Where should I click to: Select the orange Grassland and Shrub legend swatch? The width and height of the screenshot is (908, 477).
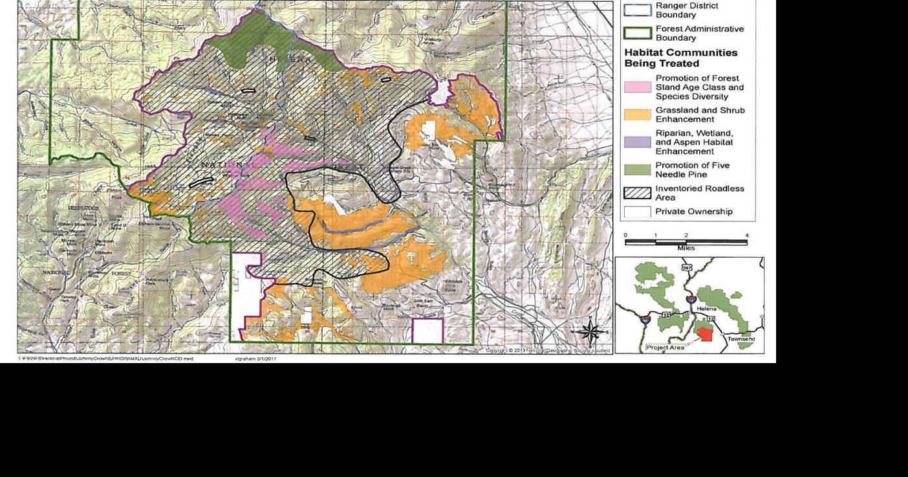637,115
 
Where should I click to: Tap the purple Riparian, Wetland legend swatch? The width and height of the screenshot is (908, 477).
637,142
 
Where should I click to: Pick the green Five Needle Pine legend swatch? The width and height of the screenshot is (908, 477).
637,170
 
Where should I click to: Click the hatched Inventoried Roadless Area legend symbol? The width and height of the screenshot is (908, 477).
637,193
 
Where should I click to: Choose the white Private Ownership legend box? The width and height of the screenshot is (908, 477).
637,212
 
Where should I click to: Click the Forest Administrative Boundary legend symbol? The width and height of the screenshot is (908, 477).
637,33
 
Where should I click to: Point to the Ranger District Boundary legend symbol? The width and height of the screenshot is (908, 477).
637,9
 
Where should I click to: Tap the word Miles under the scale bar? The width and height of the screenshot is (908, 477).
686,248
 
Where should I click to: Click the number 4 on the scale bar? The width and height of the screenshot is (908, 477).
747,236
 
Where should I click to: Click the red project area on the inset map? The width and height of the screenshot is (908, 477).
704,334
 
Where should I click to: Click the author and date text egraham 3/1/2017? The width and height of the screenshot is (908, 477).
255,358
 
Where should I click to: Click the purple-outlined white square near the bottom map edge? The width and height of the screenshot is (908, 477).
427,331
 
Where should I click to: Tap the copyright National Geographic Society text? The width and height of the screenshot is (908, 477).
547,350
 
